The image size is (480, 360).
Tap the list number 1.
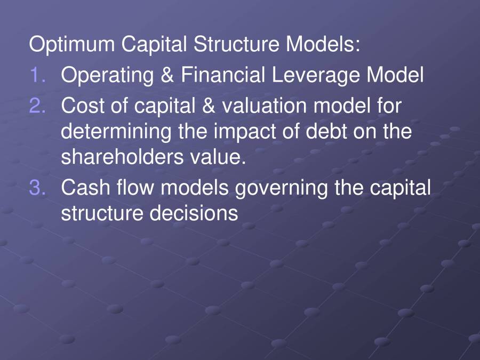coord(39,75)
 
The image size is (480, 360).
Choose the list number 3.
coord(39,188)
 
